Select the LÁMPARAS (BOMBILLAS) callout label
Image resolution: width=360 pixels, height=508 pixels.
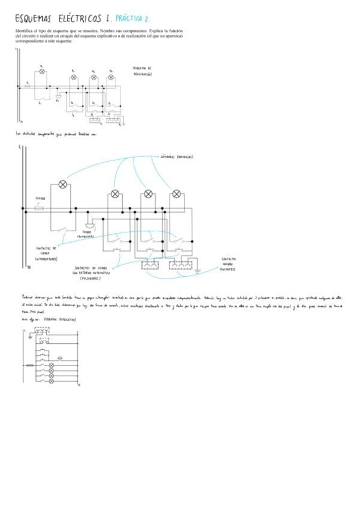tap(177, 157)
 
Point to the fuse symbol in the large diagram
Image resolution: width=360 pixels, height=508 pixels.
tap(39, 209)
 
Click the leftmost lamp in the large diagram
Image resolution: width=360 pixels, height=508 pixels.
tap(63, 185)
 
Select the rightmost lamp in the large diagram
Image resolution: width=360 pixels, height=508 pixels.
tap(176, 194)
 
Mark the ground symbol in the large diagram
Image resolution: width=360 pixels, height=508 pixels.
tap(198, 271)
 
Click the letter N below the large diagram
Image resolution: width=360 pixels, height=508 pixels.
tap(29, 268)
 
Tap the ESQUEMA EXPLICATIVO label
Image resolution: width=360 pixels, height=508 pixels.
tap(60, 320)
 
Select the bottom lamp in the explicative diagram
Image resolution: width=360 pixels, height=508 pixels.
tap(51, 382)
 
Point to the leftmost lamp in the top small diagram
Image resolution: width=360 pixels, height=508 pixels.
tap(41, 71)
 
